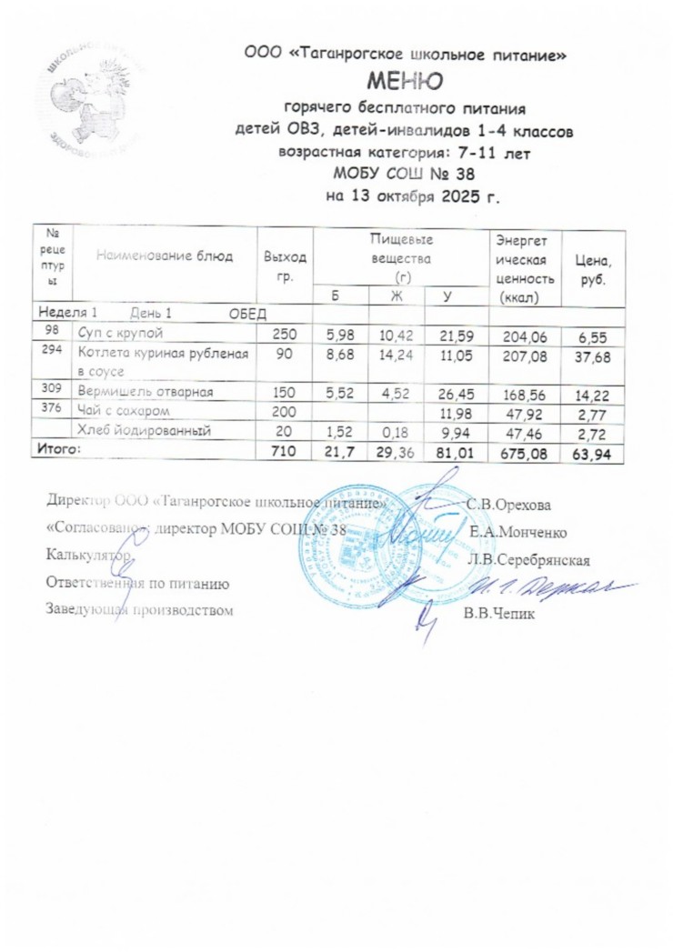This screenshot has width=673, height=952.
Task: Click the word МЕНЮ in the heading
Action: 405,84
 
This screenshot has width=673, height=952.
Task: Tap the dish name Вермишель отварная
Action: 146,392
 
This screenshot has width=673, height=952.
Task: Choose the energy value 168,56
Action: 525,395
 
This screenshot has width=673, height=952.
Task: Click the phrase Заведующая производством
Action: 139,610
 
